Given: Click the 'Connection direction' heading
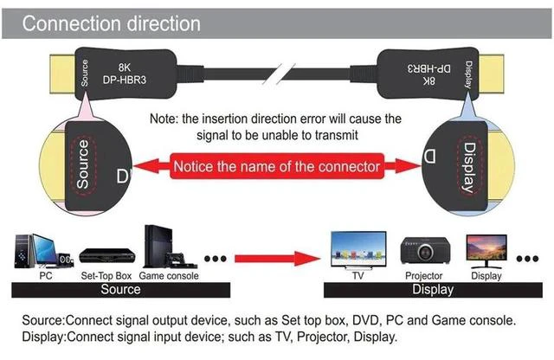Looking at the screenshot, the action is tap(112, 23).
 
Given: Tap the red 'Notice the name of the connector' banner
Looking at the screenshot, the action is tap(277, 166).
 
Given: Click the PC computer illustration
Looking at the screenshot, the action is tap(43, 251).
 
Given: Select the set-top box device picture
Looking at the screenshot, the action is tap(107, 256).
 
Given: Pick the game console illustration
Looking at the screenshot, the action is tap(170, 247).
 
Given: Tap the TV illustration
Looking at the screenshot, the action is tap(358, 250).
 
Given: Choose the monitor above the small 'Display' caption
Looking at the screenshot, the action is tap(486, 252).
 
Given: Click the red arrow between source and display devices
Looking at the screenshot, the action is tap(277, 259).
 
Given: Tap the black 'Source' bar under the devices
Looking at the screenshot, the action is tap(121, 290).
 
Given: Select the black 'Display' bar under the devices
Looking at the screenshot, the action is tap(433, 290).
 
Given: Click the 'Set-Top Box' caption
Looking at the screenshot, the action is tap(106, 275).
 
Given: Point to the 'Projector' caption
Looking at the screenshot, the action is tap(423, 275).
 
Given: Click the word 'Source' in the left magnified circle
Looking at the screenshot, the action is tap(83, 164).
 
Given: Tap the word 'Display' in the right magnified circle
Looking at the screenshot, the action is tap(470, 167).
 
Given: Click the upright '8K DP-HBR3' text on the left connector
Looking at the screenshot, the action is tap(125, 74).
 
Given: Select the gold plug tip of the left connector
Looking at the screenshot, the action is tap(62, 74).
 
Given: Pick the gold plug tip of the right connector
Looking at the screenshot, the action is tap(491, 74).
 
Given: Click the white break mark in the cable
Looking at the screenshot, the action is tap(279, 74).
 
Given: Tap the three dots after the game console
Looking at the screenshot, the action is tap(216, 259).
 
